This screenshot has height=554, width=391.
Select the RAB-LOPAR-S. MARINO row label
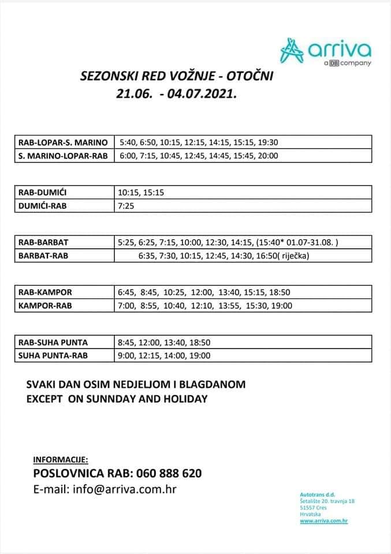coord(63,142)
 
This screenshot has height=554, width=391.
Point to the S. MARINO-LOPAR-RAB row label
coord(63,156)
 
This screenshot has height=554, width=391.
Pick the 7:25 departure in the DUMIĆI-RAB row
coord(126,206)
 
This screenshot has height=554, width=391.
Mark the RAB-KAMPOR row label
coord(45,293)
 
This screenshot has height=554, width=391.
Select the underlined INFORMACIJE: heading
coord(61,460)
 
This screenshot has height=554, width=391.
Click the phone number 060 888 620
coord(169,474)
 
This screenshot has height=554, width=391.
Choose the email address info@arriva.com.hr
coord(124,489)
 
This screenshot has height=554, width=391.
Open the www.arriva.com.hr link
coord(323,521)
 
